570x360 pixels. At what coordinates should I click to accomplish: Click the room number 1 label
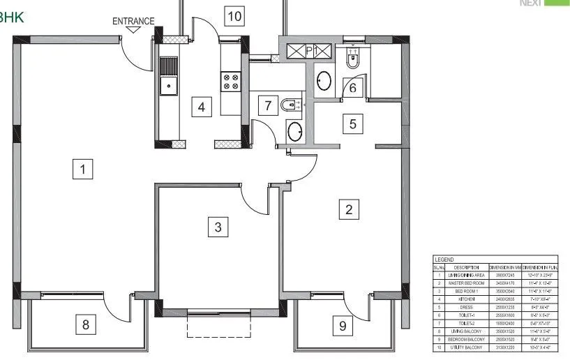tap(83, 169)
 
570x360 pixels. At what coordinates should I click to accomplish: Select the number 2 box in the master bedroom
tap(349, 209)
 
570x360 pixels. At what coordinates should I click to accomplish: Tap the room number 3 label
tap(218, 226)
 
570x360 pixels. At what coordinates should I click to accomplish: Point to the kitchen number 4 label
tap(202, 107)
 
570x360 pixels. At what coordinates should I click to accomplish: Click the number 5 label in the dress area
tap(352, 124)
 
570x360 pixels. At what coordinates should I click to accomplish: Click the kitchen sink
tap(167, 86)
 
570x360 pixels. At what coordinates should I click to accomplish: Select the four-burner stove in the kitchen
tap(231, 82)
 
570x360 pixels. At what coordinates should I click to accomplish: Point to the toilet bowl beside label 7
tap(290, 105)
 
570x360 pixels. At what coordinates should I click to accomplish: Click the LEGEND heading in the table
tap(444, 260)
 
